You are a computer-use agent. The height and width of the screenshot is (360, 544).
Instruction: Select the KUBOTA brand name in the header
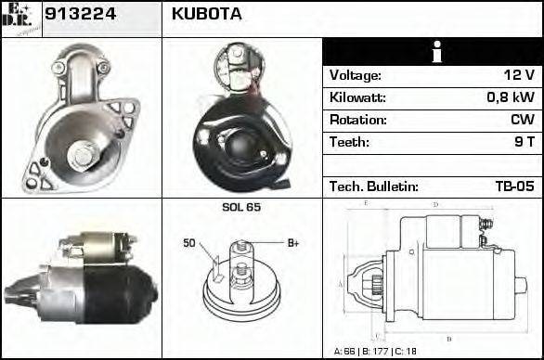(x=207, y=15)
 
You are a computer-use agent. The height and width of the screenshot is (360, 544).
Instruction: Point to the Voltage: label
(x=355, y=75)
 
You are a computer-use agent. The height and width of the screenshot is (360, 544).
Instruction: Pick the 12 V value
(x=514, y=75)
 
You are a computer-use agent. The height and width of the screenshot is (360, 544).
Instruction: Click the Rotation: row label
(x=356, y=120)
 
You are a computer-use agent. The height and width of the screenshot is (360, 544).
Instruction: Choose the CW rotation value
(x=522, y=120)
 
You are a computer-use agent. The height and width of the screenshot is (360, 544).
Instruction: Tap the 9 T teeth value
(x=524, y=142)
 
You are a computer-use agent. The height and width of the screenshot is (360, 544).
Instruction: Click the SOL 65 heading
(x=241, y=207)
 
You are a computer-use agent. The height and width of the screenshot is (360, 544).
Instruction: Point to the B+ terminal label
(x=292, y=243)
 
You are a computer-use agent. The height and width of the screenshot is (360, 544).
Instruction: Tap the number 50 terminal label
(x=188, y=243)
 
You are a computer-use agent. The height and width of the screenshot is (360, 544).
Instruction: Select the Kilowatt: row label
(x=356, y=97)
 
